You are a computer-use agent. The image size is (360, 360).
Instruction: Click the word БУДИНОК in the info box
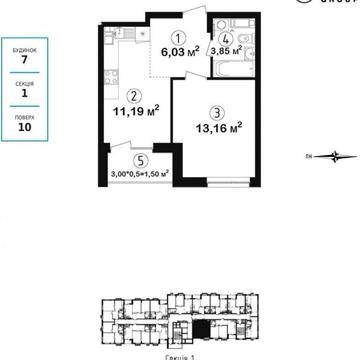point(24,47)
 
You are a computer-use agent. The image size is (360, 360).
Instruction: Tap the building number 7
point(24,60)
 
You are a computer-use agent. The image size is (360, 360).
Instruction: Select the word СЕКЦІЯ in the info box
point(24,83)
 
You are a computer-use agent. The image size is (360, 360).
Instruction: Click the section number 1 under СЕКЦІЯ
point(24,96)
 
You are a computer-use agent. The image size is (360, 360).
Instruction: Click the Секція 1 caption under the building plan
point(181,355)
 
